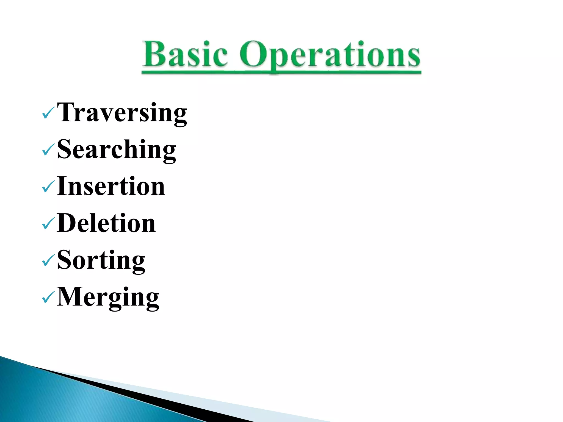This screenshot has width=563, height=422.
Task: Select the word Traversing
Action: pos(122,112)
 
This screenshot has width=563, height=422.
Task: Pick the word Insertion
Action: pos(111,186)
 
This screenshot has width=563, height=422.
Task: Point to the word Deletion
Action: pos(106,223)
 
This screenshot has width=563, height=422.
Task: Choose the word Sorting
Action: pos(101,260)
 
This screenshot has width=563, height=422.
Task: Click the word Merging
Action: pos(108,297)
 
